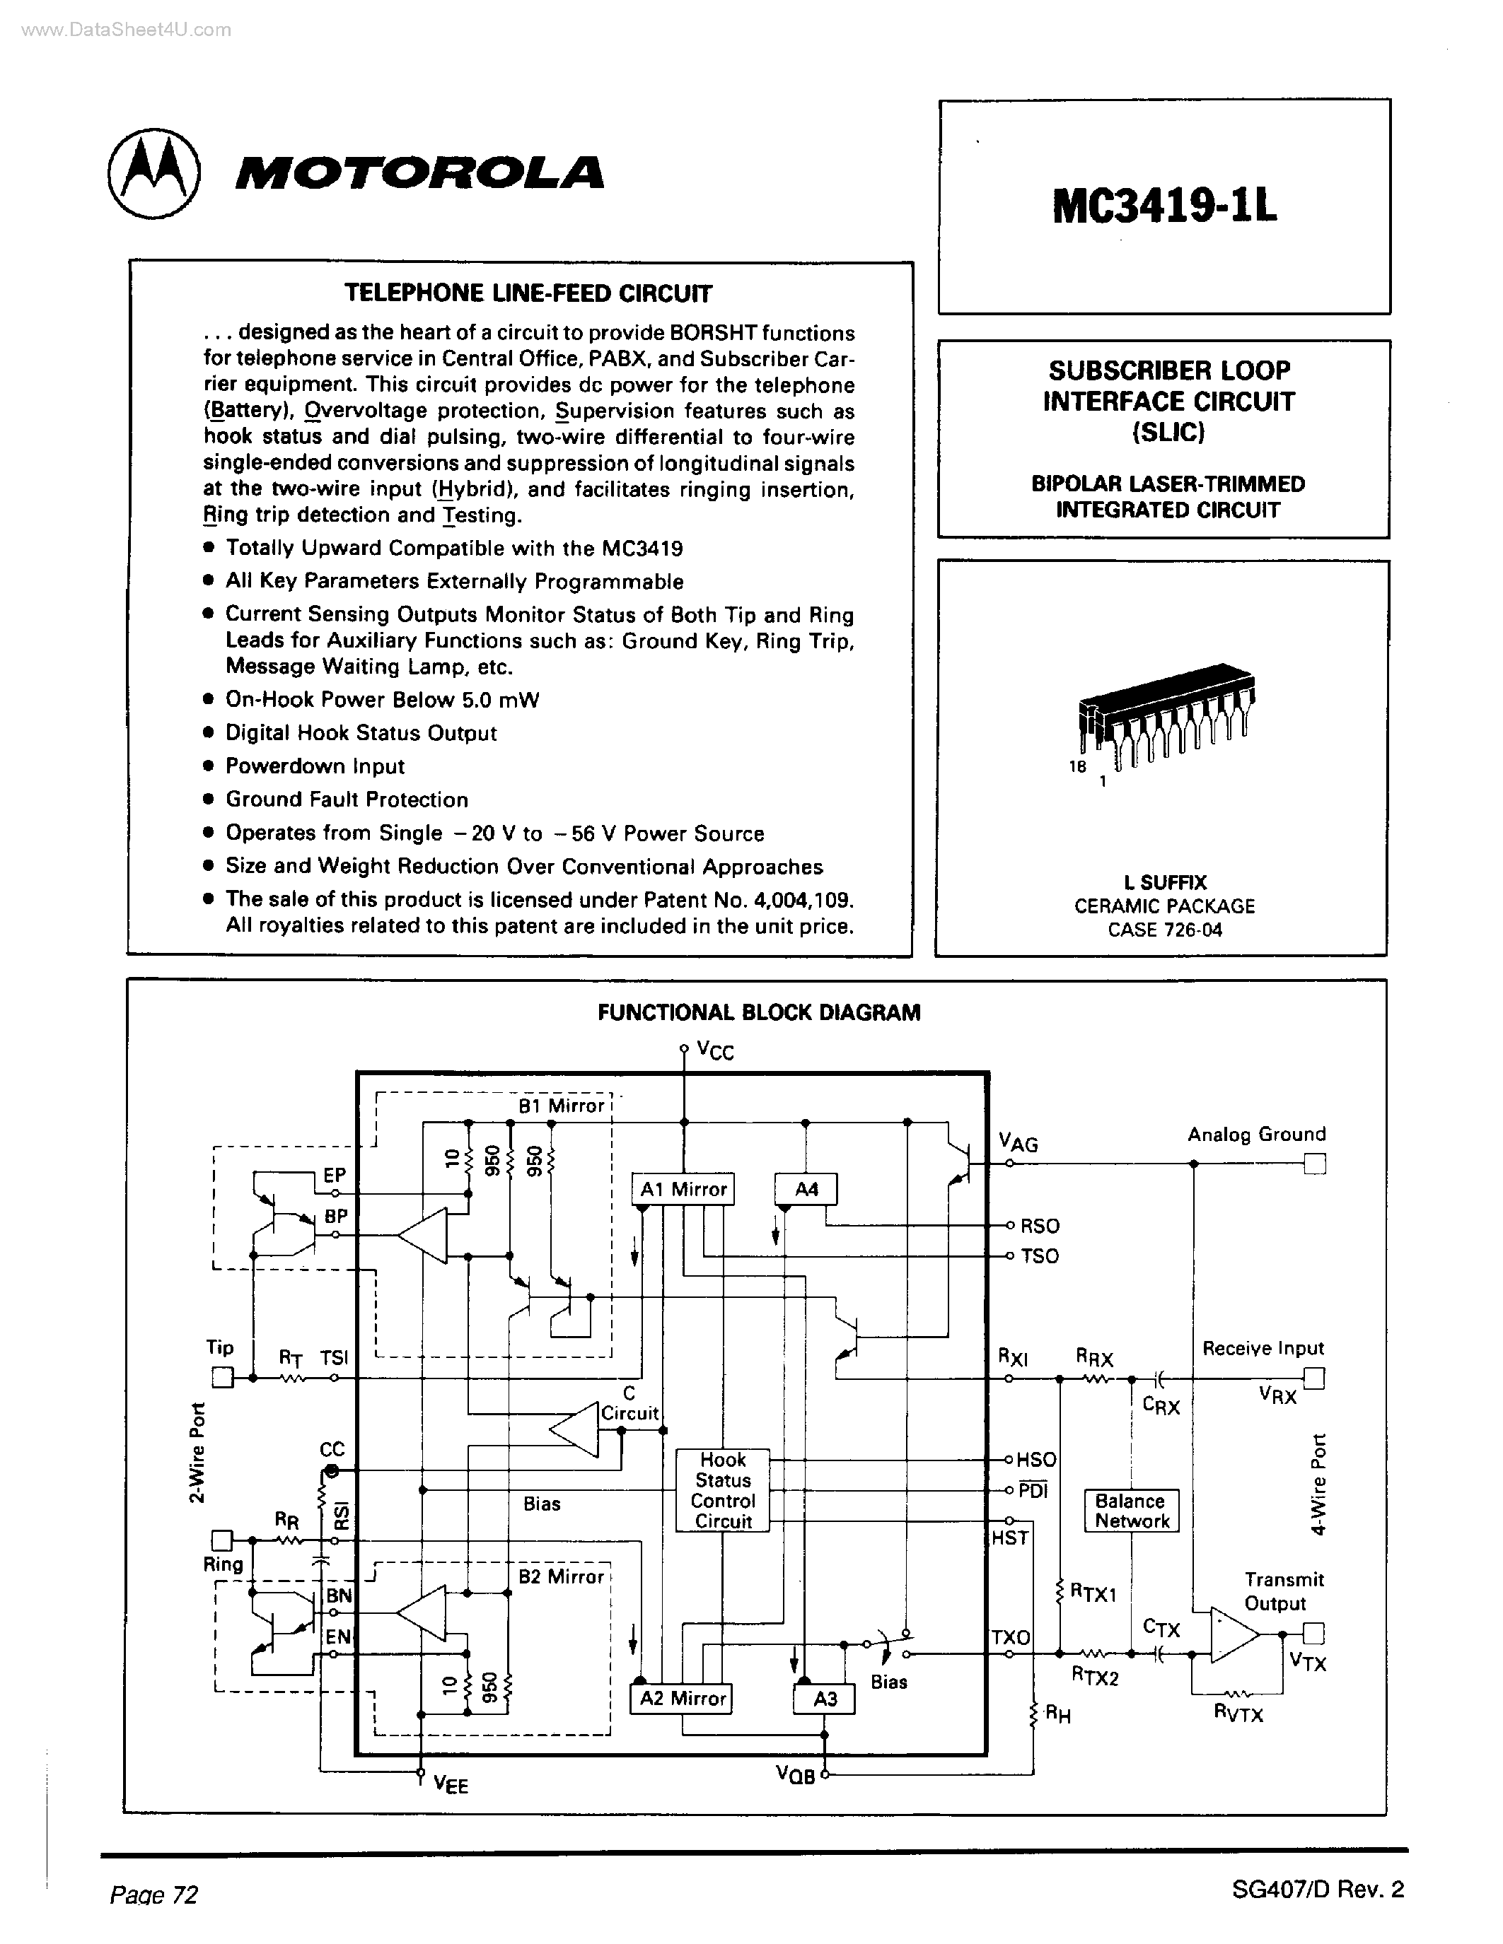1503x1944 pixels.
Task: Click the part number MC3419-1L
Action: (1163, 207)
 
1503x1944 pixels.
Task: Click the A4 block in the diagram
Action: (806, 1189)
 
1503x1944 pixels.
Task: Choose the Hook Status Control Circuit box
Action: (722, 1490)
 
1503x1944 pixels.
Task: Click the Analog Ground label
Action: (1255, 1134)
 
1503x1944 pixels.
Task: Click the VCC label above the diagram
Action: (715, 1052)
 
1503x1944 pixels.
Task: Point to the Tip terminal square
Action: (221, 1378)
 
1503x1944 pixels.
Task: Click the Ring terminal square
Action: (221, 1540)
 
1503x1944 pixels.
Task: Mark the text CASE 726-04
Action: (1165, 930)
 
